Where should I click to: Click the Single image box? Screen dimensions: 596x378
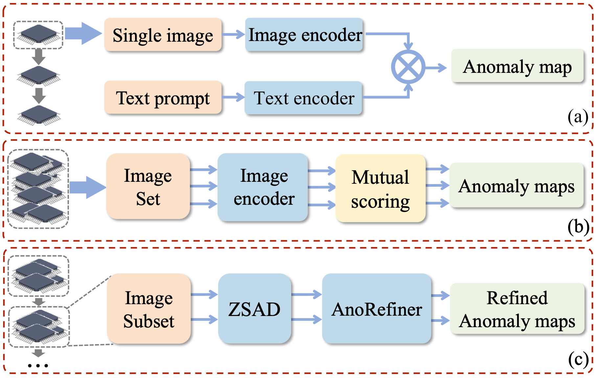[x=163, y=35]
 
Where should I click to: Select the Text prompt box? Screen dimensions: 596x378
[x=163, y=97]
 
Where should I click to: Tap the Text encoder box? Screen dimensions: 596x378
[x=303, y=98]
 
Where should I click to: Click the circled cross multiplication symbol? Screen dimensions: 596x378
[x=408, y=67]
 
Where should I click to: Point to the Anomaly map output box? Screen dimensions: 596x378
[x=517, y=66]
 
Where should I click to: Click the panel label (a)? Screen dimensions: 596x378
[x=578, y=117]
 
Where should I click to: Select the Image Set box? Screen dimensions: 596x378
[x=148, y=186]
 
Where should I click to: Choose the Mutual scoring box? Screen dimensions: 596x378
[x=380, y=188]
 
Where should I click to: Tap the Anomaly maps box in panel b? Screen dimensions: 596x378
[x=516, y=185]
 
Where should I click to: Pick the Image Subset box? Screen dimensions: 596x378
[x=149, y=309]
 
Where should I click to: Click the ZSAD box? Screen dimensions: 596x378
[x=255, y=309]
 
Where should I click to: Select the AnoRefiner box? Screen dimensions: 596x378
[x=377, y=309]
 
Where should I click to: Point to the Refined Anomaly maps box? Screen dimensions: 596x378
[x=517, y=309]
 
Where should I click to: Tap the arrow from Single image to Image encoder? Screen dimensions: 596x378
[x=233, y=34]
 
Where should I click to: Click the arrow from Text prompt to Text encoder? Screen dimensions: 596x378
[x=233, y=97]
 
